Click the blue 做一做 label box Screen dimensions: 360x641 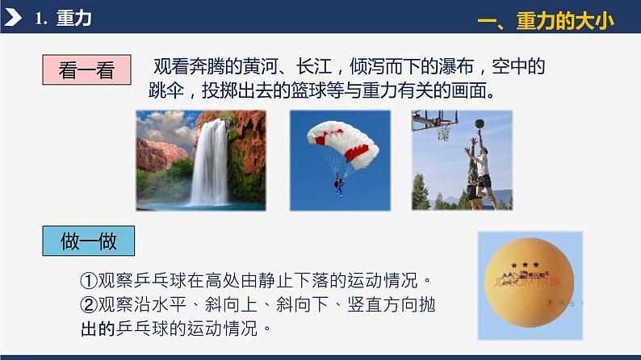[x=88, y=241]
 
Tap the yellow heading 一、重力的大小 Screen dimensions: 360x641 [x=545, y=21]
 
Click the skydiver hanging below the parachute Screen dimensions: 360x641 [x=339, y=185]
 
